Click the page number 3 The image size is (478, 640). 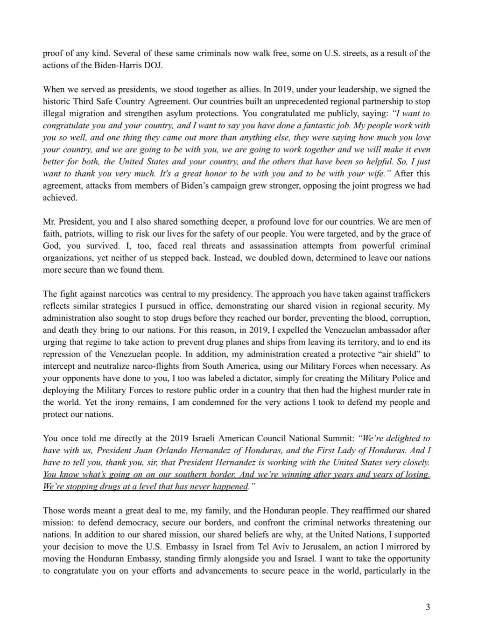[x=428, y=607]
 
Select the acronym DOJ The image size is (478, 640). [x=153, y=65]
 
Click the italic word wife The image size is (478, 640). [x=378, y=174]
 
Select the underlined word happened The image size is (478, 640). [x=230, y=486]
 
